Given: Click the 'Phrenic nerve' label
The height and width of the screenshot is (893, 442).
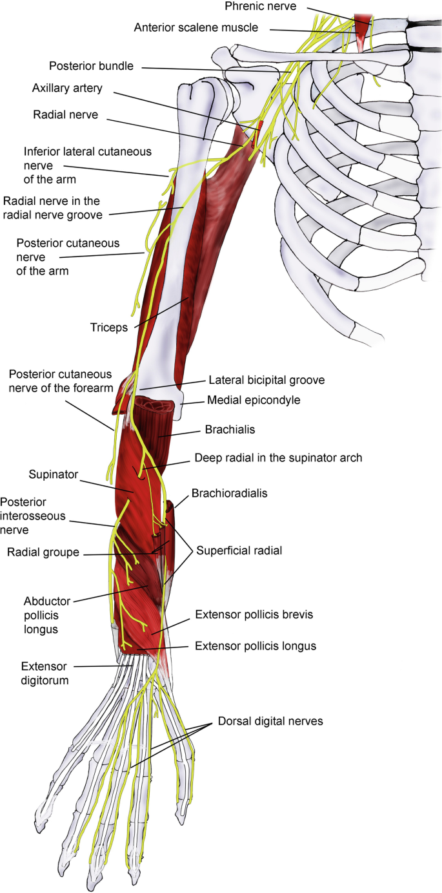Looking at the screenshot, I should [260, 6].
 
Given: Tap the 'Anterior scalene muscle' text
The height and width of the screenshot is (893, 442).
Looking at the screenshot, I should [196, 28].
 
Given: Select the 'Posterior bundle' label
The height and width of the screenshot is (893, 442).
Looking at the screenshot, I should [91, 66].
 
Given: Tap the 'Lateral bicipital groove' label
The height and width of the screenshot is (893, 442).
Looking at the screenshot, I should [266, 381].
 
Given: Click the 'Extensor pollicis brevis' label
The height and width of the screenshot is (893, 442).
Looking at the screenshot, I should [254, 615].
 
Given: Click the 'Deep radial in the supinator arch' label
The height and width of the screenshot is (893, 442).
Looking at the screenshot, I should [278, 457].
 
